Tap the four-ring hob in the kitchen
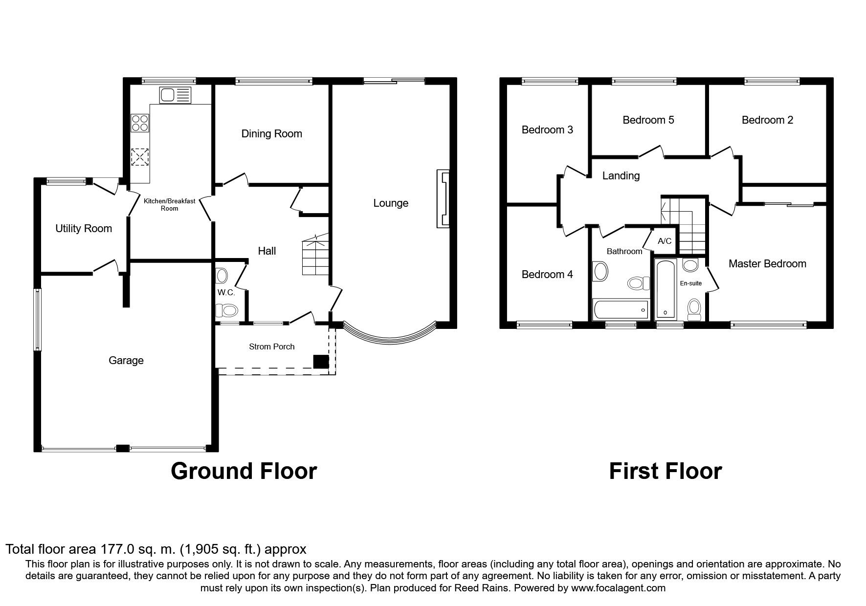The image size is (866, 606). click(x=140, y=123)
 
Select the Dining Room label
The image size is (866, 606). click(x=271, y=133)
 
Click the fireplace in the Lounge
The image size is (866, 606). click(x=443, y=198)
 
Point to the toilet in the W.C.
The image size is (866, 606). click(x=226, y=310)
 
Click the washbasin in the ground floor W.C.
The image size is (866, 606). click(x=222, y=276)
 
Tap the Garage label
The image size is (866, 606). click(x=126, y=360)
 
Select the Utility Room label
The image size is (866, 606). click(x=84, y=228)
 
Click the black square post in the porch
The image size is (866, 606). click(x=321, y=362)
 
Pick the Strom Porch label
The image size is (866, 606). click(x=272, y=346)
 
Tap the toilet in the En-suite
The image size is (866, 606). click(x=694, y=309)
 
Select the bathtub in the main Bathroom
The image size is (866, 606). click(x=621, y=309)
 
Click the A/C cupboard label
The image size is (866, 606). click(x=665, y=241)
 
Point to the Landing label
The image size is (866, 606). click(x=621, y=175)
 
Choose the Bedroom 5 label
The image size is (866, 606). click(x=648, y=120)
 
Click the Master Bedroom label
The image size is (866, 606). click(x=767, y=264)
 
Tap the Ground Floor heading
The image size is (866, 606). click(x=244, y=471)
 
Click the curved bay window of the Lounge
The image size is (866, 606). click(x=390, y=334)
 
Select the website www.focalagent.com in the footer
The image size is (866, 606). click(x=618, y=588)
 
